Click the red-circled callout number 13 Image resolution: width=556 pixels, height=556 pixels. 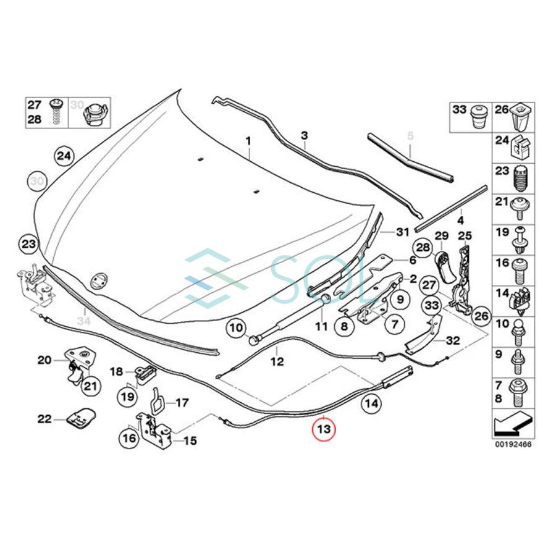click(324, 428)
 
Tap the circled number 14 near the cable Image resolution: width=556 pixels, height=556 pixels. click(369, 405)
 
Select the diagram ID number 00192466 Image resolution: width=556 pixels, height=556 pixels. click(513, 444)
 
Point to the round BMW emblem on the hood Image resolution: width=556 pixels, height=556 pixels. click(99, 281)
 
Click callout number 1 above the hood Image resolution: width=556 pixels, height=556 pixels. click(248, 142)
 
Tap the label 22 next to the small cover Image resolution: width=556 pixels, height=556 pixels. click(44, 419)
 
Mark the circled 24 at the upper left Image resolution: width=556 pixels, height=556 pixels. click(64, 156)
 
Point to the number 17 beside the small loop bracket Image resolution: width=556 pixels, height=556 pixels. click(181, 403)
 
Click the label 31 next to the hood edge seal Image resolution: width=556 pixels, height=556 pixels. click(403, 232)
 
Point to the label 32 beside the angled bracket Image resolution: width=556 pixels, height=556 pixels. click(453, 340)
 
